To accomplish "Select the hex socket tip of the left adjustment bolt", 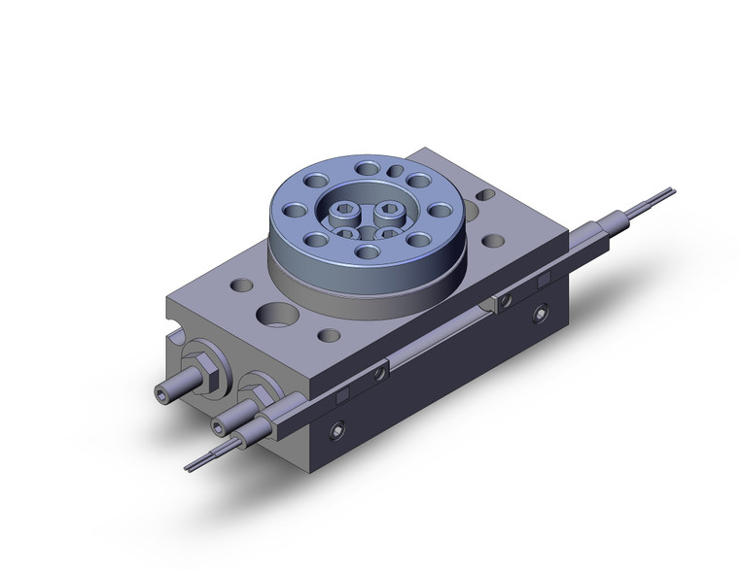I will (165, 393).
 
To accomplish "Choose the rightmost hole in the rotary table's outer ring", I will (440, 210).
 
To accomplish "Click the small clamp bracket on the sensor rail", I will (504, 302).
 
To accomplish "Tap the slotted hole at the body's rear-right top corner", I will (484, 196).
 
